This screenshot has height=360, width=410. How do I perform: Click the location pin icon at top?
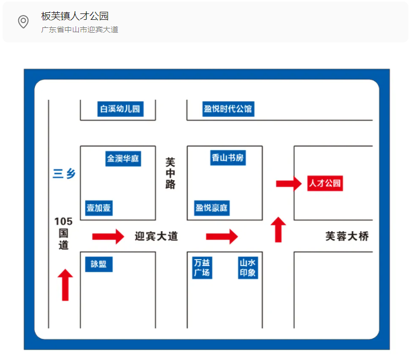pos(23,22)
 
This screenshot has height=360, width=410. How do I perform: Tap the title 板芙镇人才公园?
pos(74,16)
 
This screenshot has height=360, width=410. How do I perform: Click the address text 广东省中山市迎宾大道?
pos(79,30)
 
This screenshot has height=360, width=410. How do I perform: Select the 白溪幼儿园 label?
pos(120,109)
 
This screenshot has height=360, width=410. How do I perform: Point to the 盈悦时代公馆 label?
pos(228,109)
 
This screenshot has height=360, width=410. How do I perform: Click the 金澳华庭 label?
pos(123,158)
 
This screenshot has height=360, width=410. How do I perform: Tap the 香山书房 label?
pos(228,158)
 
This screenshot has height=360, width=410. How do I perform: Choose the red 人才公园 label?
pos(325,183)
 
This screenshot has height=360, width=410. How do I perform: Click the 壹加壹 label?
pos(99,208)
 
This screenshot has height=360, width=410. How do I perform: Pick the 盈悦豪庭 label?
pos(212,208)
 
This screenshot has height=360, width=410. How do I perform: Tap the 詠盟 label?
pos(99,264)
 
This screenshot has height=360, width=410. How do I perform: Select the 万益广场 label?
pos(202,268)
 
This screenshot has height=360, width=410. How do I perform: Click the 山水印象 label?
pos(248,268)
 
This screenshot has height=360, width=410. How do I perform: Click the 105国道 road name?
pos(63,233)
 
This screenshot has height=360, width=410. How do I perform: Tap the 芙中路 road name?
pos(170,173)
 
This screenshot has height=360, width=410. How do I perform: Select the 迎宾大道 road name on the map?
pos(156,236)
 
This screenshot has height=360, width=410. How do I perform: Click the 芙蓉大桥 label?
pos(347,236)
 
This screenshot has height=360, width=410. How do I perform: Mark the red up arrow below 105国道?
pos(65,285)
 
